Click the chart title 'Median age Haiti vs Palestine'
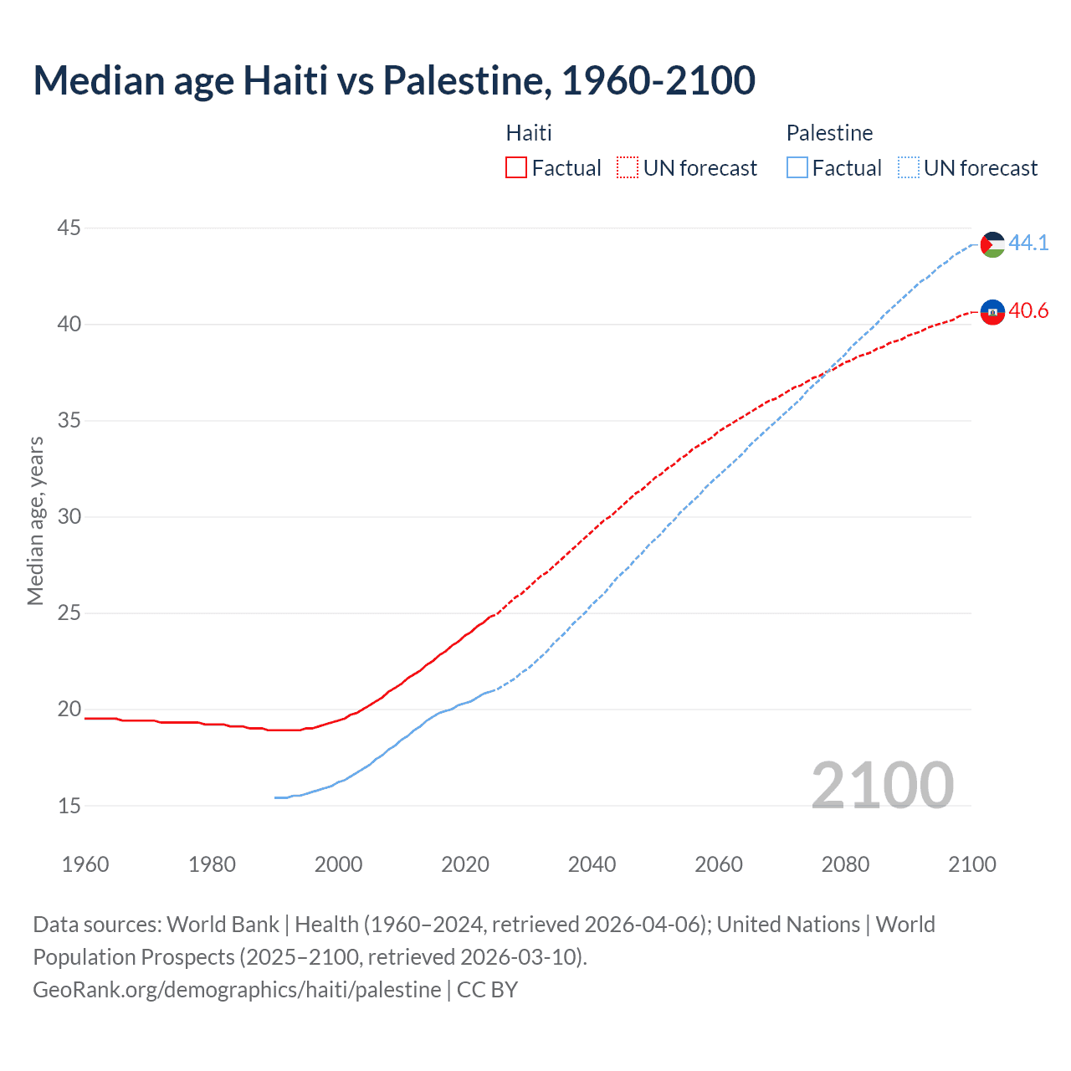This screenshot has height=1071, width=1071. pos(394,81)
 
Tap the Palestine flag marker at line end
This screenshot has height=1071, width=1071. pos(992,244)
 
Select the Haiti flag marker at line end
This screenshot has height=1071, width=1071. pos(992,312)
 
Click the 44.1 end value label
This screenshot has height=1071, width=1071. pos(1028,243)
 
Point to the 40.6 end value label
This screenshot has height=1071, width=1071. pos(1028,311)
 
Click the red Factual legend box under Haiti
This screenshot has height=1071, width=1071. pos(516,168)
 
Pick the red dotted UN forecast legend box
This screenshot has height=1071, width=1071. pos(628,168)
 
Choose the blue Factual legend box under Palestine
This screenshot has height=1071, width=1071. pos(797,168)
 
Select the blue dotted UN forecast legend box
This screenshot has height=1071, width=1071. pos(908,168)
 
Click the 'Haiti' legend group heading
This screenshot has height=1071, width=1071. pos(529,133)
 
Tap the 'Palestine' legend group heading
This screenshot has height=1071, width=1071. pos(829,133)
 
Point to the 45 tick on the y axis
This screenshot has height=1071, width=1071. pos(69,228)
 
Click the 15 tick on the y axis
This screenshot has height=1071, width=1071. pos(69,806)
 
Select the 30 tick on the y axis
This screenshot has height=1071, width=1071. pos(69,516)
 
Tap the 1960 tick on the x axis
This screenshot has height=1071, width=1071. pos(85,864)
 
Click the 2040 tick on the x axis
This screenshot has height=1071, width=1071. pos(592,864)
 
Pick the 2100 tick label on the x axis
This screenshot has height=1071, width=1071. pos(971,864)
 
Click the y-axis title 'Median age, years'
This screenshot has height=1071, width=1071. pos(35,520)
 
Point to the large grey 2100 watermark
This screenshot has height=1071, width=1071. pos(882,785)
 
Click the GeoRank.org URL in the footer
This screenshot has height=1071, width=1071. pos(237,990)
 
